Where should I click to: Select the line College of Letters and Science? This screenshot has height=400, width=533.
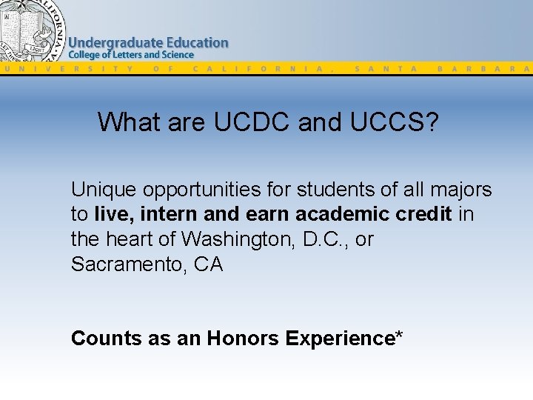[131, 55]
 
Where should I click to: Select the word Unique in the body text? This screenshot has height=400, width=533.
[104, 190]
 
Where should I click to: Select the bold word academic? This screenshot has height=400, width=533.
[337, 215]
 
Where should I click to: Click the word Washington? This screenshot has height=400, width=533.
[235, 239]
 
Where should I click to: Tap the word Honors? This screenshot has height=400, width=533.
[243, 339]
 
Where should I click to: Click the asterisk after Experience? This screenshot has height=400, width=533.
[399, 336]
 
